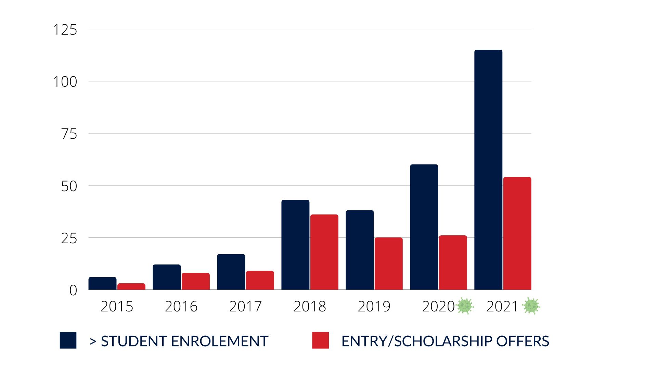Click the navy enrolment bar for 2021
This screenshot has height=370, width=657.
point(488,170)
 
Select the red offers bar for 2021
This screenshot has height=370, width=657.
point(517,233)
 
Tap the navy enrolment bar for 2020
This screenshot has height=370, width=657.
point(424,227)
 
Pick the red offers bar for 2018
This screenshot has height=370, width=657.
point(324,252)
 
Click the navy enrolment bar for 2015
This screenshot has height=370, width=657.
point(102,283)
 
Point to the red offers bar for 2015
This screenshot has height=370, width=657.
point(131,286)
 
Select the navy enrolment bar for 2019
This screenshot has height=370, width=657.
point(360,250)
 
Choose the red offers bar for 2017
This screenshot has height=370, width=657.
point(260,280)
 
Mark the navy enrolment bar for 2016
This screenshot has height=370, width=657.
point(167,277)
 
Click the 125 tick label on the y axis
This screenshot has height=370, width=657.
point(65,30)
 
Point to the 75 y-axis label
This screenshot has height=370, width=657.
point(69,134)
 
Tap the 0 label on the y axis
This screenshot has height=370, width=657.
point(73,291)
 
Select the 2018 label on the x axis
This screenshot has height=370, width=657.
point(310,306)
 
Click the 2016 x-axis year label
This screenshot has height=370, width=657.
point(181,306)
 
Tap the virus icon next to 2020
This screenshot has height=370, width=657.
point(465,306)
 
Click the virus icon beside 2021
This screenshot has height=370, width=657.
point(531,306)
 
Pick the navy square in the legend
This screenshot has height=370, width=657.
point(68,340)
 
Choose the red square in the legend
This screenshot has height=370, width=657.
point(320,340)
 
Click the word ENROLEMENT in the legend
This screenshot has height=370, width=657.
point(219,341)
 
